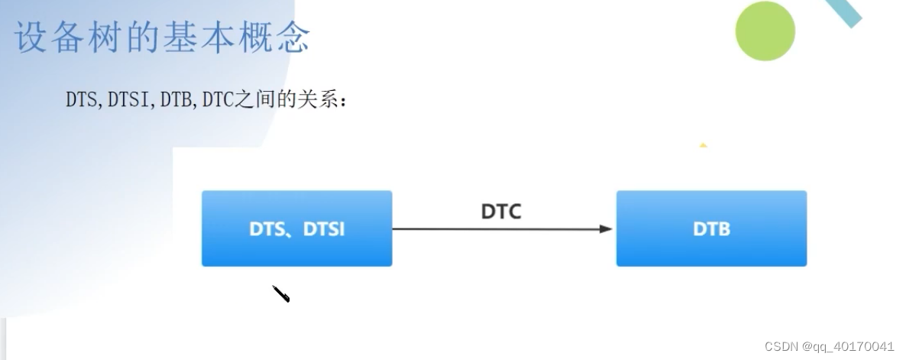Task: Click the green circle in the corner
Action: click(765, 31)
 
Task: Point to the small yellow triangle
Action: click(703, 144)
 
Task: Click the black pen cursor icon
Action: click(281, 294)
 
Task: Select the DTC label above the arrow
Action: click(501, 211)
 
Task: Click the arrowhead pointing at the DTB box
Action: click(606, 229)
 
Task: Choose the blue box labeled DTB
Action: click(711, 229)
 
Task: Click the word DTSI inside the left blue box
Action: click(324, 229)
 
